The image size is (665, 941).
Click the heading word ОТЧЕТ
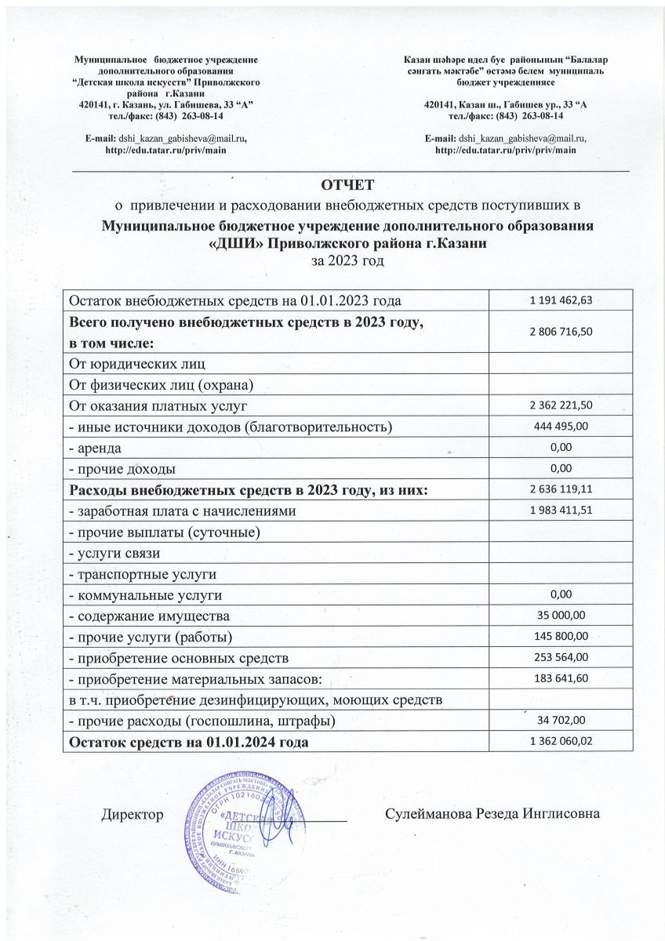pyautogui.click(x=349, y=185)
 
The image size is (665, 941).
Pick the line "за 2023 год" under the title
pyautogui.click(x=349, y=260)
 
